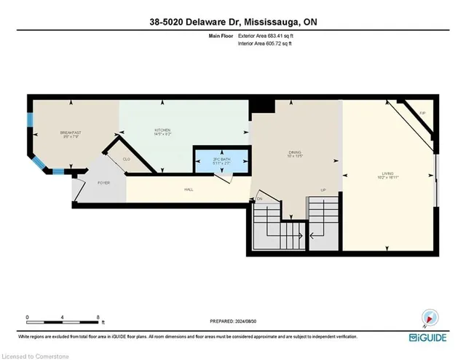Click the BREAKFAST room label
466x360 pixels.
point(71,132)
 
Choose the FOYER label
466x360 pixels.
point(104,182)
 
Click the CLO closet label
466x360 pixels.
point(126,158)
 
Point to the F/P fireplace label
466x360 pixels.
point(422,113)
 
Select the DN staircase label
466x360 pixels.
point(259,198)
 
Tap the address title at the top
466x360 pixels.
point(232,22)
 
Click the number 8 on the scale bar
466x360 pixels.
point(98,318)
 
